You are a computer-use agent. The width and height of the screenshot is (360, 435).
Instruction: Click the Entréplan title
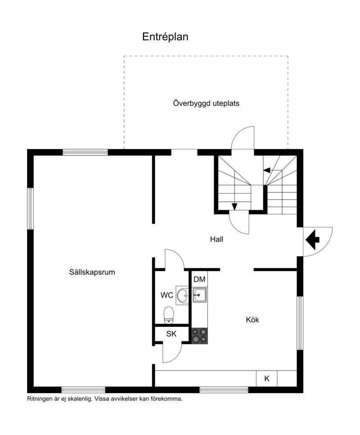pos(165,36)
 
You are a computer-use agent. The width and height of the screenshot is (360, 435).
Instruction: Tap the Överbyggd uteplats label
pos(206,104)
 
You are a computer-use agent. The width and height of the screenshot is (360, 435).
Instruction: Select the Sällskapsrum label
pos(92,272)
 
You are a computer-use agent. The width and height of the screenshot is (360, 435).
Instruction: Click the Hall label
pos(216,239)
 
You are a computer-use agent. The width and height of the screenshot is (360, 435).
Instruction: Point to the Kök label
pos(252,320)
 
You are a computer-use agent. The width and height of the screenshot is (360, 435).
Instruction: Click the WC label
pos(167,295)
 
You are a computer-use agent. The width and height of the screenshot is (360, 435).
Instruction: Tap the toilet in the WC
pos(168,315)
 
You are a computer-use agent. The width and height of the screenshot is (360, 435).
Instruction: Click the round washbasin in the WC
pos(183,296)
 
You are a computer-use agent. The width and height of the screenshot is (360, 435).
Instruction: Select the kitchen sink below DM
pos(199,295)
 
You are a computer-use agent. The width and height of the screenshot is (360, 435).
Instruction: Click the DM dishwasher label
pos(199,279)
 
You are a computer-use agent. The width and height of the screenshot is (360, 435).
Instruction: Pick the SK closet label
pos(171,334)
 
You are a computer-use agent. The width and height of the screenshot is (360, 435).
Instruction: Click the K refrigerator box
pos(266,378)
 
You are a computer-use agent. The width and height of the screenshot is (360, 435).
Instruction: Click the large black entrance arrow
pos(312,240)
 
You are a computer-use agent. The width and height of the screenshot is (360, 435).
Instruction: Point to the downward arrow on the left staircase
pos(234,206)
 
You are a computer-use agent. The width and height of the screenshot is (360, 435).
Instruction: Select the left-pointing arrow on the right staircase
pos(266,170)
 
